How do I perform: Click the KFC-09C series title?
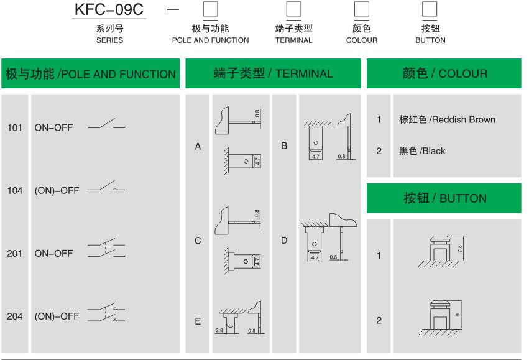coord(109,11)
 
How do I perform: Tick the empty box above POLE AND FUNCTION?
coord(211,9)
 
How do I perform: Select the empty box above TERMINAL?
coord(293,9)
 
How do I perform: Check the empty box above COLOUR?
coord(361,9)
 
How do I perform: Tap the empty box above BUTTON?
coord(430,9)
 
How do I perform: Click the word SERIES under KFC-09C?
coord(109,40)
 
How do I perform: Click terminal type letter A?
coord(198,147)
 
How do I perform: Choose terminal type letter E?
coord(198,321)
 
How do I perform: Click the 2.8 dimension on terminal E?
coord(218,330)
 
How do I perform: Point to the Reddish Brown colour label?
coord(447,119)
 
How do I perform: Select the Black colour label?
coord(422,151)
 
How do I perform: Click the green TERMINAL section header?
coord(274,74)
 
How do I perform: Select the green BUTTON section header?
coord(444,199)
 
